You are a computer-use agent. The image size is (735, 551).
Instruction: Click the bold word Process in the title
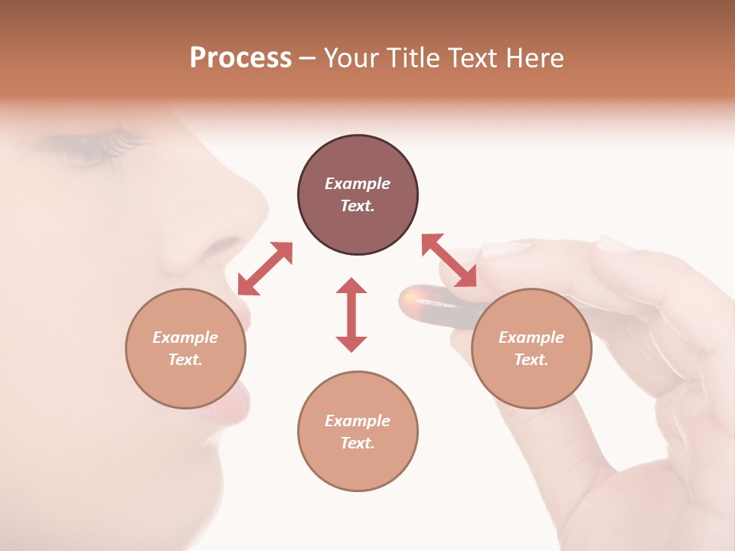[240, 58]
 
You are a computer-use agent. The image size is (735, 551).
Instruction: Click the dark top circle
[358, 195]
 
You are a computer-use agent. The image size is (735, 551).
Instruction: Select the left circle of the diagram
[185, 348]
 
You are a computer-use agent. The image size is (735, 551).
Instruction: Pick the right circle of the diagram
[531, 348]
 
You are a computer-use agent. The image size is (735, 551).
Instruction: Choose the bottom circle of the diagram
[358, 432]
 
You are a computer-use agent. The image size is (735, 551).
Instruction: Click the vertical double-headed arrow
[351, 315]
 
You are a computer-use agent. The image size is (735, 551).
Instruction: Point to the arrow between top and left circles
[265, 269]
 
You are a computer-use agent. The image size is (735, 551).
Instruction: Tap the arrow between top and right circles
[449, 260]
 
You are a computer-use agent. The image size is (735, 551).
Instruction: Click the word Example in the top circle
[358, 184]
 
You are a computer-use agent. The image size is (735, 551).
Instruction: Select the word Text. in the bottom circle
[358, 443]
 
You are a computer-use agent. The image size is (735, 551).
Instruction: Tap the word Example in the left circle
[185, 337]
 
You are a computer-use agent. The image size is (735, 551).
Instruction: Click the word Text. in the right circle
[531, 360]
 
